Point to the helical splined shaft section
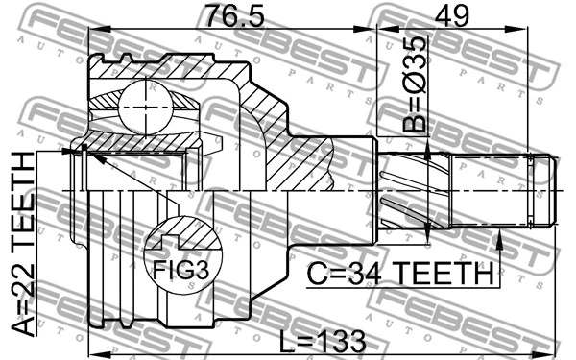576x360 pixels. click(403, 192)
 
